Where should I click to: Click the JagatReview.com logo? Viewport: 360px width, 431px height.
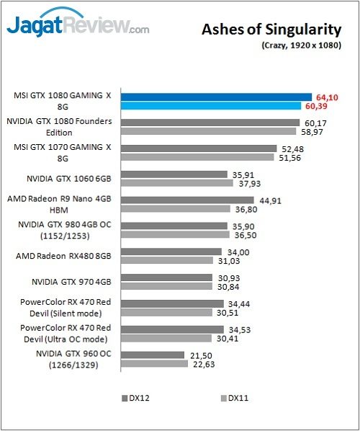(78, 26)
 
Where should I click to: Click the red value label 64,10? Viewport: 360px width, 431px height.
(328, 97)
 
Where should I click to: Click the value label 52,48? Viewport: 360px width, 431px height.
(291, 148)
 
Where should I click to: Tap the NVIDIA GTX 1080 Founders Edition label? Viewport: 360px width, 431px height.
(59, 127)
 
